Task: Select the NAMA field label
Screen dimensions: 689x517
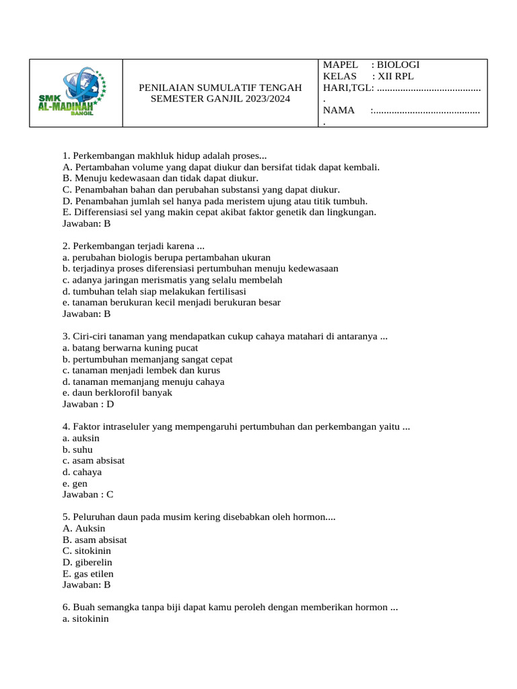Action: (339, 110)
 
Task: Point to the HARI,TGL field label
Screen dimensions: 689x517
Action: (347, 87)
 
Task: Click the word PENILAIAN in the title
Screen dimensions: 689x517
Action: (168, 87)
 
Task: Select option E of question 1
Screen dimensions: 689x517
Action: (219, 212)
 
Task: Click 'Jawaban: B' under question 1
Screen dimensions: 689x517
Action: (86, 223)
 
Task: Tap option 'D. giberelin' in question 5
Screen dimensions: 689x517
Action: (88, 562)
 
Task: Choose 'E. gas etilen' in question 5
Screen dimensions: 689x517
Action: (88, 573)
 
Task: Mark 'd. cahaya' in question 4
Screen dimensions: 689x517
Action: (80, 472)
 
